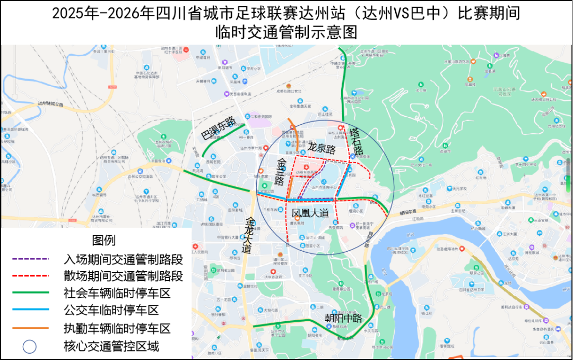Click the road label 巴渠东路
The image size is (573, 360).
(x=218, y=130)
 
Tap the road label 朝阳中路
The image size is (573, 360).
(x=344, y=318)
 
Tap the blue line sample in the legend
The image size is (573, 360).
(x=30, y=310)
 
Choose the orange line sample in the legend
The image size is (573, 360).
(x=30, y=328)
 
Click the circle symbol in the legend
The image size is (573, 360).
(x=30, y=347)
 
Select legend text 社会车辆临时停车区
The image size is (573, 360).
(x=117, y=293)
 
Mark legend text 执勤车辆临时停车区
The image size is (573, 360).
(x=117, y=328)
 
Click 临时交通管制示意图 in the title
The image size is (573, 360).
(x=286, y=32)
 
